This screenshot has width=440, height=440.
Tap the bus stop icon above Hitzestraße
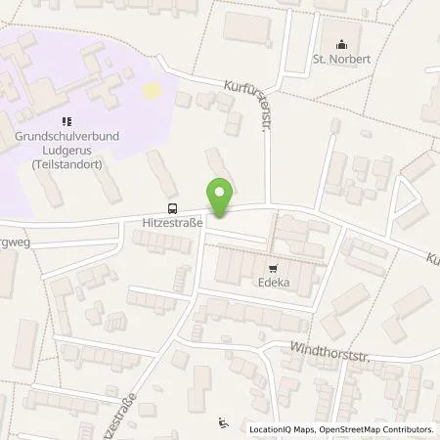click(x=173, y=208)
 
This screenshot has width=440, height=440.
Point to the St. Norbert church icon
click(x=341, y=43)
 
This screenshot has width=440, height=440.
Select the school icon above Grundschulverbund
click(x=66, y=122)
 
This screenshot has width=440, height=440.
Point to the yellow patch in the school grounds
click(x=152, y=90)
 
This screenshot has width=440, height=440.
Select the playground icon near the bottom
click(x=224, y=422)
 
